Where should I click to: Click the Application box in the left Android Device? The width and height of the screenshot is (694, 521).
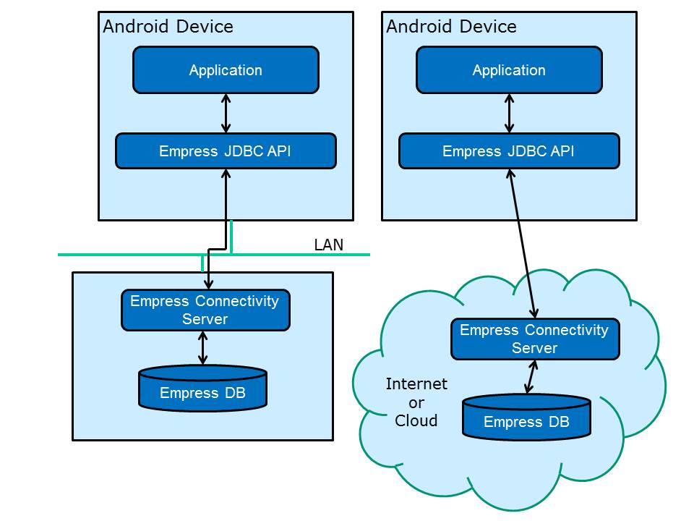tap(226, 70)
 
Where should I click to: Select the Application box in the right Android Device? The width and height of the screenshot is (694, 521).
tap(509, 70)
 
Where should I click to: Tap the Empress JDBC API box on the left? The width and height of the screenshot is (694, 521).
tap(226, 151)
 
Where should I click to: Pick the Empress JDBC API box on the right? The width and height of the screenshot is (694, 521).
tap(509, 151)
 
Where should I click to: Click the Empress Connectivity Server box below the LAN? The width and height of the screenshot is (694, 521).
tap(205, 310)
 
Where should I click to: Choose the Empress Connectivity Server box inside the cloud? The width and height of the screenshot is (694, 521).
tap(534, 339)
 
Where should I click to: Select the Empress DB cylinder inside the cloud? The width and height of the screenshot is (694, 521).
tap(526, 420)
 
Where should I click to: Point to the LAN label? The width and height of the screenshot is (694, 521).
tap(329, 245)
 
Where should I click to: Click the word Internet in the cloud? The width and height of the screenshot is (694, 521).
tap(416, 384)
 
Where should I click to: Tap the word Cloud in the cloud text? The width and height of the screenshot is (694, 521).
tap(416, 420)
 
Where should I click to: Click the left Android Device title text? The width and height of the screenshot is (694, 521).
tap(168, 27)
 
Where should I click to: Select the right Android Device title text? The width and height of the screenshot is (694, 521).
tap(451, 27)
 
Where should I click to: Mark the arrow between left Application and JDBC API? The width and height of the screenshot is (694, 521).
tap(226, 113)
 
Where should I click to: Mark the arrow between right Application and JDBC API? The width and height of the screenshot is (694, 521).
tap(510, 113)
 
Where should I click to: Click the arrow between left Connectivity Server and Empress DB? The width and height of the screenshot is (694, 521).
tap(203, 348)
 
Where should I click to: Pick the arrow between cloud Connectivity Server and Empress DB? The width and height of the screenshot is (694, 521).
tap(531, 377)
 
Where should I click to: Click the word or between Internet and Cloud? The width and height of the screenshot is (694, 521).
tap(416, 402)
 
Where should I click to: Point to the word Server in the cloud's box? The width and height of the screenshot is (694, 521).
tap(534, 348)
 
